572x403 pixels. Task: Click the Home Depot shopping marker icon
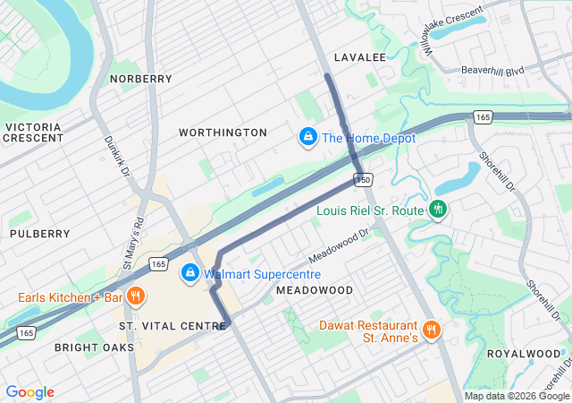tap(307, 137)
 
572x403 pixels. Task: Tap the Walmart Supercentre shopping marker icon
tap(189, 273)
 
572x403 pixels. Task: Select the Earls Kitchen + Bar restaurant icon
tap(136, 296)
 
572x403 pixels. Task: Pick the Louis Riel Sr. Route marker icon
tap(437, 210)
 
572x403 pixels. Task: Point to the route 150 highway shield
tap(362, 180)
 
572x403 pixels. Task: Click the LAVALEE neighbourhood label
tap(359, 57)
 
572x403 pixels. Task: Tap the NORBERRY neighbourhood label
tap(140, 79)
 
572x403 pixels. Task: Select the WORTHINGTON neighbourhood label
tap(223, 133)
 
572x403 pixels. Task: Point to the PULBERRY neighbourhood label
tap(39, 234)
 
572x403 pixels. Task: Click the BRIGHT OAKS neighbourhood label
tap(94, 347)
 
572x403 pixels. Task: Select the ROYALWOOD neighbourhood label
tap(523, 354)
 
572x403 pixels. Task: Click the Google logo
tap(29, 392)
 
